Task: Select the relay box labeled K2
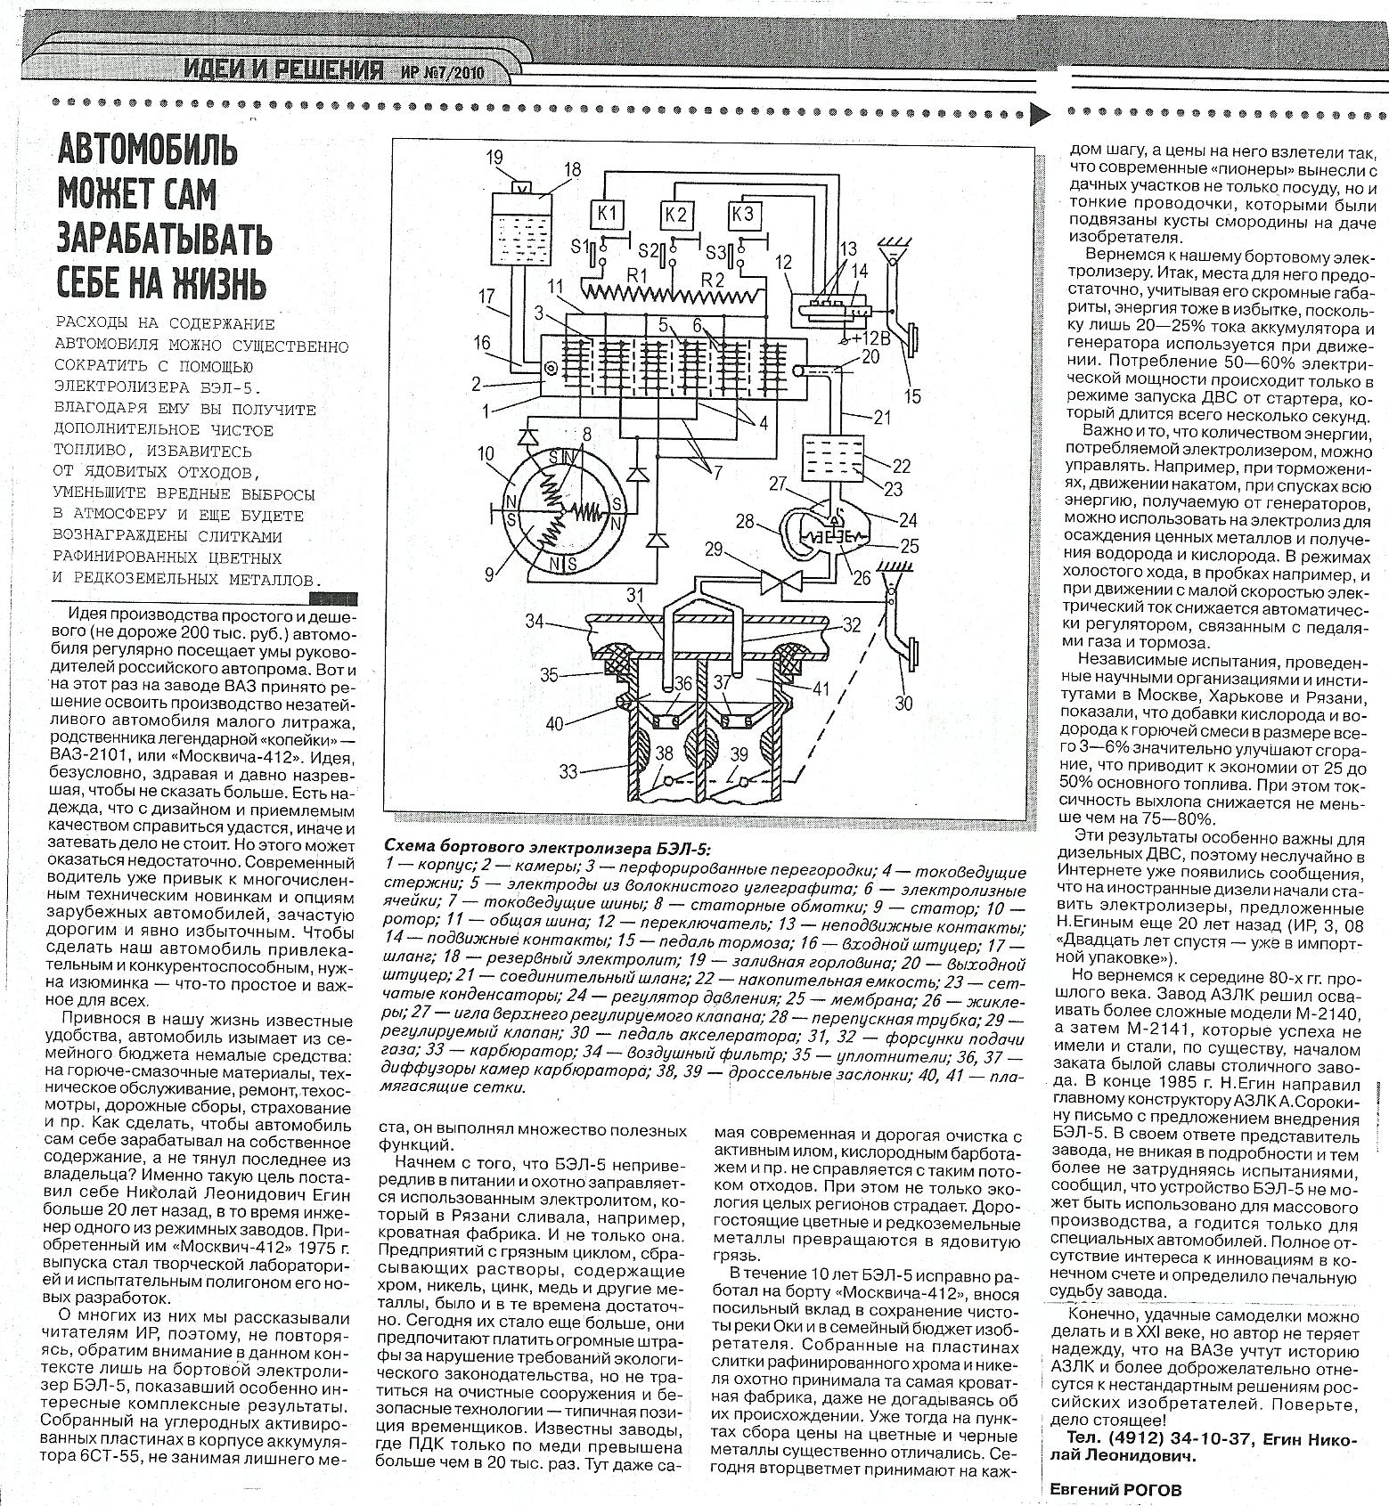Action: [676, 215]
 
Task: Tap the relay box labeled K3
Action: [742, 215]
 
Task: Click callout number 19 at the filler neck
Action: [494, 159]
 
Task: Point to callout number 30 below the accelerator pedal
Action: [903, 703]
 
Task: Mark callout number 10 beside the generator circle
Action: [486, 455]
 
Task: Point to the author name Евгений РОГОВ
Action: [1112, 1489]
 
